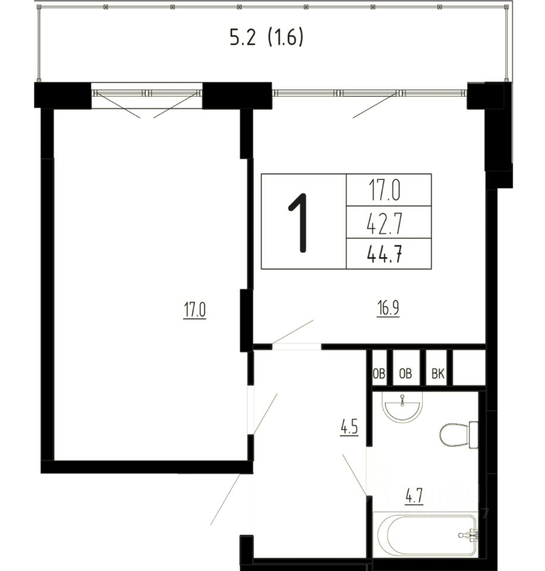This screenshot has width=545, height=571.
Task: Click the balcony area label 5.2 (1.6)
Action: tap(266, 37)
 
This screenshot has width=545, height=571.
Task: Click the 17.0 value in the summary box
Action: tap(385, 192)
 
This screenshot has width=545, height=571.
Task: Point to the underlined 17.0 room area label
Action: tap(195, 310)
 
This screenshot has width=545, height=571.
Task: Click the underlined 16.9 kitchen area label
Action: tap(388, 309)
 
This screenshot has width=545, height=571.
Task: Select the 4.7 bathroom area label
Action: tap(414, 496)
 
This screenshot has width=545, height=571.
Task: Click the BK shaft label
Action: tap(437, 374)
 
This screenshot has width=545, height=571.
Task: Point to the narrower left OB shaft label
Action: tap(379, 374)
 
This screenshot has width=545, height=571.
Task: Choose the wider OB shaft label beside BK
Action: tap(405, 374)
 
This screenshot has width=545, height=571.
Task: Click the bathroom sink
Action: tap(403, 407)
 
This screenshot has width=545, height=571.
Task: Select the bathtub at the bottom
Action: tap(426, 534)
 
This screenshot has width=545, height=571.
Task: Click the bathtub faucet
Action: tap(469, 535)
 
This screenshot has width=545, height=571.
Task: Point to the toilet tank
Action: tap(474, 435)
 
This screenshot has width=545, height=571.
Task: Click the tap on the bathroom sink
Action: tap(402, 400)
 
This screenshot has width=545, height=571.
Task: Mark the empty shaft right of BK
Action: tap(469, 368)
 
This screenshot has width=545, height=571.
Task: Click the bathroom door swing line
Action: tap(355, 475)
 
